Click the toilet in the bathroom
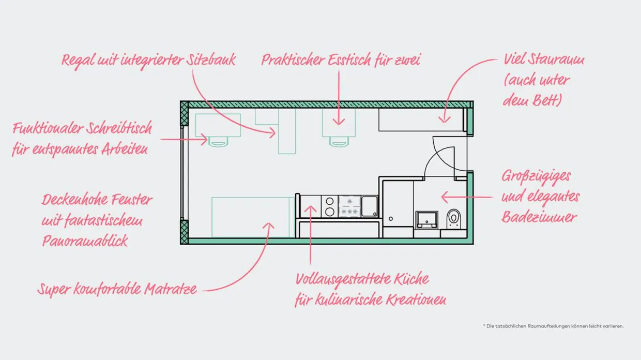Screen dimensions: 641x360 pos(454,218)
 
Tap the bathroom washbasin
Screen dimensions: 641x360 pos(426,220)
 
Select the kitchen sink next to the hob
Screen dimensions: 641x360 pos(370,206)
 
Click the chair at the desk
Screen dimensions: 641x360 pos(218,142)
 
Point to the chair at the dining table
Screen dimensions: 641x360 pos(339,142)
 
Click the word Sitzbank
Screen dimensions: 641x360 pos(211,60)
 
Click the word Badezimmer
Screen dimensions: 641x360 pos(539,217)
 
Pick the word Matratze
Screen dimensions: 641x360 pos(171,289)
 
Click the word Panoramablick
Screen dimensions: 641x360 pos(85,241)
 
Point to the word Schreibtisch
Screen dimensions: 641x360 pos(119,128)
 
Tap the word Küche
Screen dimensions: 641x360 pos(411,279)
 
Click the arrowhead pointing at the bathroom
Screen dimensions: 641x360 pos(445,197)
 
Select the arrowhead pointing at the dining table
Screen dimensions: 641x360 pos(339,122)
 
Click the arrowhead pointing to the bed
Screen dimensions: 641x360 pos(268,226)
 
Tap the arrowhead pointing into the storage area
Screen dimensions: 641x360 pos(445,119)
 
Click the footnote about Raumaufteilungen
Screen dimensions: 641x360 pos(554,326)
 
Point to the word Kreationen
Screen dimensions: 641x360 pos(416,300)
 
